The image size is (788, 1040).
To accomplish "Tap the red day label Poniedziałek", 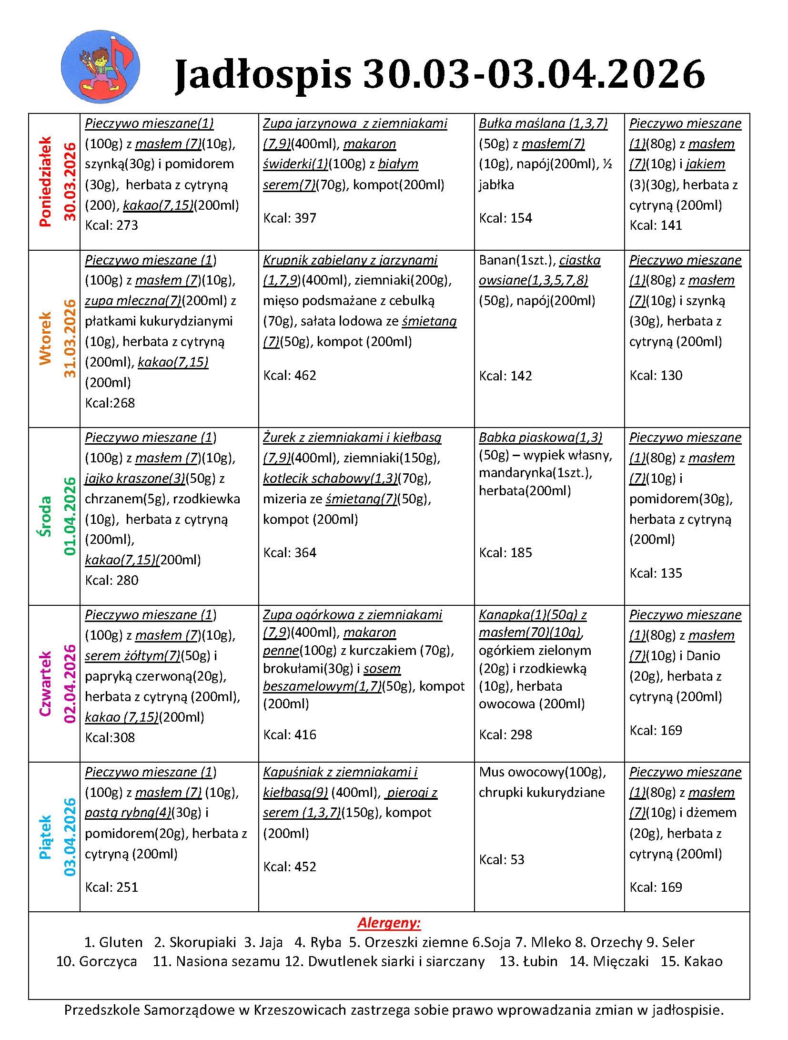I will [x=45, y=182].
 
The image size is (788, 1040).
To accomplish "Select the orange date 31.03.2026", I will [x=70, y=338].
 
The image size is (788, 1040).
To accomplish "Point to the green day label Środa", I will [x=45, y=516].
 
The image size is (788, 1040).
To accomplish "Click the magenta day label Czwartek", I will [x=45, y=684].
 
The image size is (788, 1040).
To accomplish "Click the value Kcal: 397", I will [x=290, y=218].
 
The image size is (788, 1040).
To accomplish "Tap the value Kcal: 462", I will [x=290, y=376].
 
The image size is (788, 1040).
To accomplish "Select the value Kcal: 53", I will [x=501, y=859].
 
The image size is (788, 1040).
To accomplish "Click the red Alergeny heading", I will [x=389, y=923].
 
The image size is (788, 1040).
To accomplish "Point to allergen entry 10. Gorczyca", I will [x=96, y=961].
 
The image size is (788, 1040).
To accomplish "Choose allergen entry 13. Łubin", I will [x=528, y=961].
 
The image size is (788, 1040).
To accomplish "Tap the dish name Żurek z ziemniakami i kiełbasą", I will [x=352, y=438].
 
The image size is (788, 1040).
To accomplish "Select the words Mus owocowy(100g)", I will [x=542, y=772].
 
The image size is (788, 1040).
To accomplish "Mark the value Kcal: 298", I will [x=505, y=734].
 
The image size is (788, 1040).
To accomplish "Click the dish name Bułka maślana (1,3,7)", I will [x=543, y=123].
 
